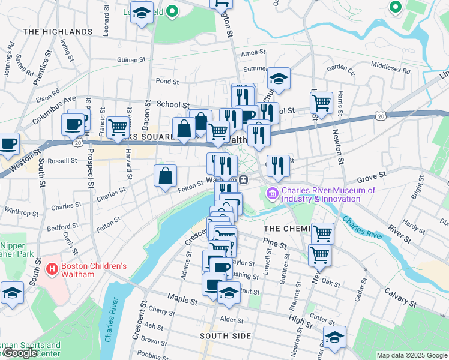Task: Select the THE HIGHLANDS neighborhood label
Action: point(58,31)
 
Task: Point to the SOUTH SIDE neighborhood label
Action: point(225,335)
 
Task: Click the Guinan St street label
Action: point(131,60)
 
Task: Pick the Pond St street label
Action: point(167,81)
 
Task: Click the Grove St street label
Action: point(370,179)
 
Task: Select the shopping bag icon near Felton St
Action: point(165,176)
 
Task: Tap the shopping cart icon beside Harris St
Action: point(322,103)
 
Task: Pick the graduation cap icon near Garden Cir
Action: point(279,78)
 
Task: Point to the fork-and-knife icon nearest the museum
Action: point(276,166)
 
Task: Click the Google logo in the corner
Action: point(20,353)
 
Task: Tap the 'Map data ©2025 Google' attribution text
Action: point(411,355)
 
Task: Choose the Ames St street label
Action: point(249,53)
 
